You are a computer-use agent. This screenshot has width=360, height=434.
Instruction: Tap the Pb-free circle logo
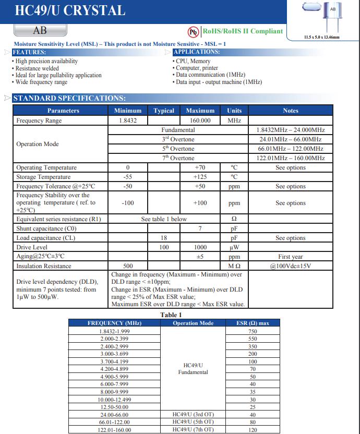pos(194,32)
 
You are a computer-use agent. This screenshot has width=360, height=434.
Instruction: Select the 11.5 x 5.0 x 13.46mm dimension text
pos(321,38)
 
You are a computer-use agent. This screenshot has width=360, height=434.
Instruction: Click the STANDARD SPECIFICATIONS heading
pos(69,98)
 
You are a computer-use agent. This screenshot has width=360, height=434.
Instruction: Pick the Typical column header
pos(164,111)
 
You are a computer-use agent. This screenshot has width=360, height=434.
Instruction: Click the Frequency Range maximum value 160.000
pos(200,120)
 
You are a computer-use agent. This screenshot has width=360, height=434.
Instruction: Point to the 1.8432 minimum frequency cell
pos(127,120)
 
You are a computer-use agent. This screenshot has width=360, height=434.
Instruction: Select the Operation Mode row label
pos(38,144)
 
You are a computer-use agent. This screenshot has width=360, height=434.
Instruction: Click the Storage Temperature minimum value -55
pos(127,177)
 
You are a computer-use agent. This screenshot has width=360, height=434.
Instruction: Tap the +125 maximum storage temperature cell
pos(200,177)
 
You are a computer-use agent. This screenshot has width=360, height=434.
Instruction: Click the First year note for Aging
pos(291,257)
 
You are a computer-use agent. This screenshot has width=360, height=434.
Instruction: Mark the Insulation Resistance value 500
pos(127,266)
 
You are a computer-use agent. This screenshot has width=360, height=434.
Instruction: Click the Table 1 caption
pos(171,315)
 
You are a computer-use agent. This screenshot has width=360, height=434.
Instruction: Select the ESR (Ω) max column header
pos(253,323)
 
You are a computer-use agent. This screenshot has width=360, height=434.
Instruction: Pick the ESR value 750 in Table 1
pos(253,332)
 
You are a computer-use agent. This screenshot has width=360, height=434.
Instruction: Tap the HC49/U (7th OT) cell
pos(193,430)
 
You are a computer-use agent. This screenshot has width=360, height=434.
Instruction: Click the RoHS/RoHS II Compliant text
pos(243,31)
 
